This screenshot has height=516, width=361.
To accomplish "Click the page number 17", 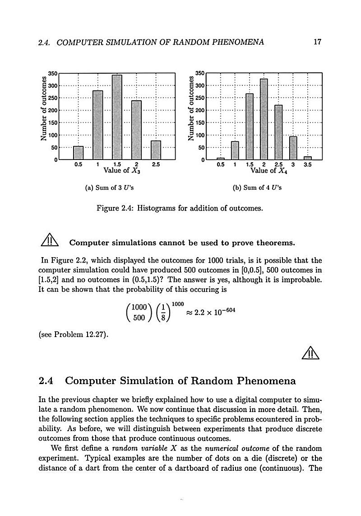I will [317, 42].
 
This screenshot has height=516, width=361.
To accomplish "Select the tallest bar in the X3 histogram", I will [117, 117].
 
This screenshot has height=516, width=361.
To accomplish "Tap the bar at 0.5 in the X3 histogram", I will [78, 153].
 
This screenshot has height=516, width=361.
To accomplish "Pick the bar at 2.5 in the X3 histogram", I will [156, 150].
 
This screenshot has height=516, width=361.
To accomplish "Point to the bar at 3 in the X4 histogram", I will [293, 148].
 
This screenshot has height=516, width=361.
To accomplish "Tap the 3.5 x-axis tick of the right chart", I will [307, 165].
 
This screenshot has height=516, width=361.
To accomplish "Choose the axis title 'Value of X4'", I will [269, 171].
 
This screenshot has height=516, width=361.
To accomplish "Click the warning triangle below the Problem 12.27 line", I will [311, 352].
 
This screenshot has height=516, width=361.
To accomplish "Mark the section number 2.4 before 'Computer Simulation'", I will [47, 381].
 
